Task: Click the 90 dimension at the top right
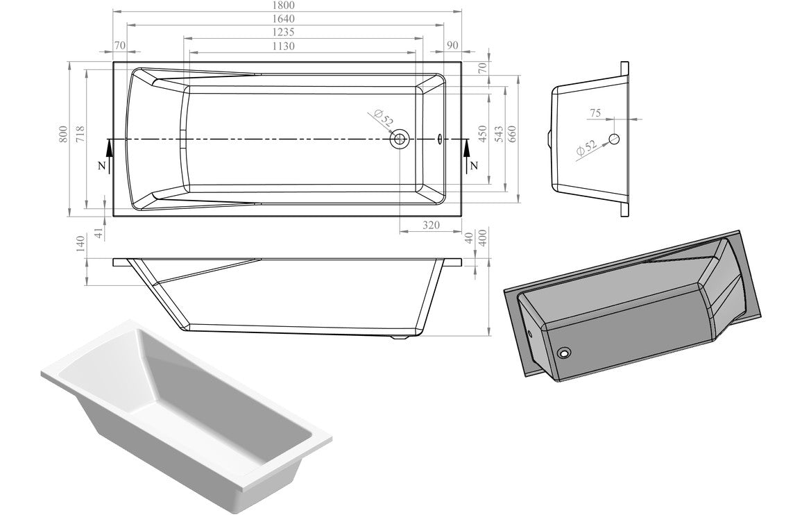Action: point(452,45)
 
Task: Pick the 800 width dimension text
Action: point(63,134)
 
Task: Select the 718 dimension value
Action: point(80,134)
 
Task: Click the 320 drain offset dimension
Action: point(432,225)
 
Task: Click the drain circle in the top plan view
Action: point(400,139)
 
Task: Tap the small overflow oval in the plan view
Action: point(440,139)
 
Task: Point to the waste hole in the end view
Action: point(613,139)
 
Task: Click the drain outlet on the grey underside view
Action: point(565,354)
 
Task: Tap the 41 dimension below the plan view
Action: point(99,233)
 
